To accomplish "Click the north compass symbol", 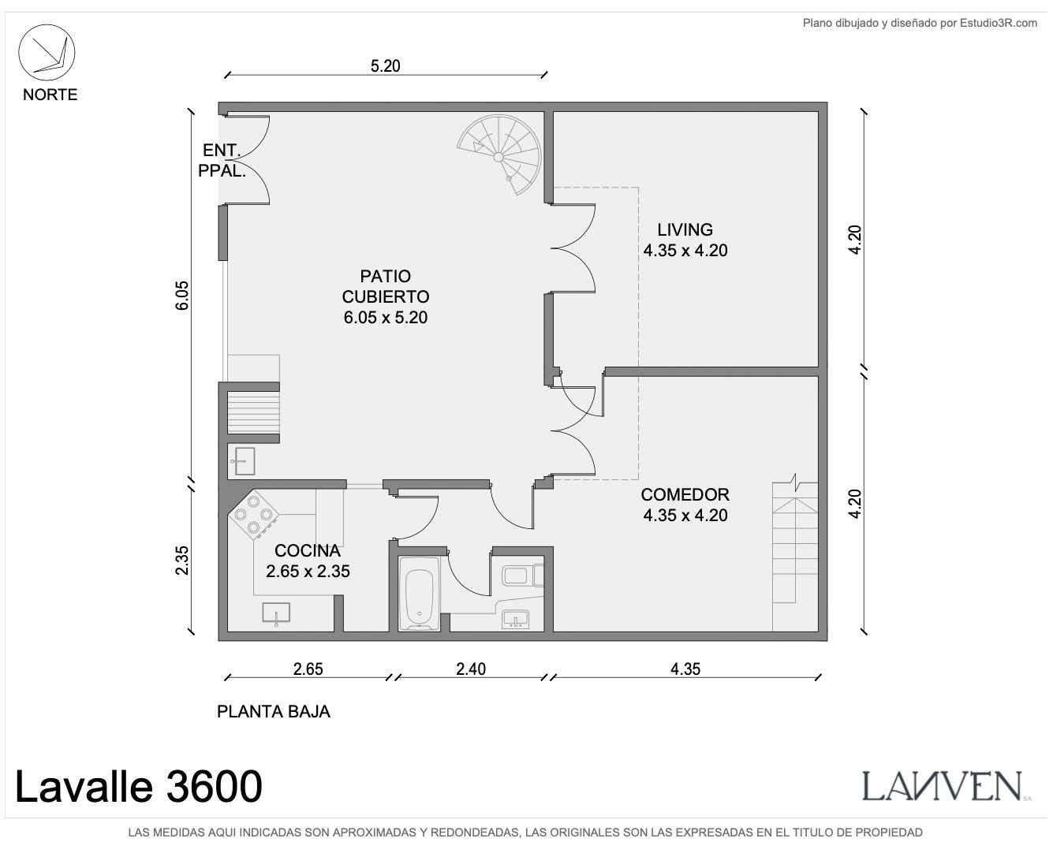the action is click(x=47, y=52).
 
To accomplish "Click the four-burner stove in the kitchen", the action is click(x=253, y=514).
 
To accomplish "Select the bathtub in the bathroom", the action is click(x=419, y=593).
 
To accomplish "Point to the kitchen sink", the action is click(x=276, y=613).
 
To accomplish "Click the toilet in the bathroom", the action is click(x=523, y=576).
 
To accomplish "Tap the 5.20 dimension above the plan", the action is click(x=385, y=66).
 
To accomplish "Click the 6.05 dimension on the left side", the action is click(x=181, y=296).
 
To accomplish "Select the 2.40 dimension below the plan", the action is click(x=471, y=669).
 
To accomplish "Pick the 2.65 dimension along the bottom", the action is click(x=308, y=669).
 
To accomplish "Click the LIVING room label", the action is click(x=685, y=229).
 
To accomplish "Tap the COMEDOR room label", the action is click(x=685, y=494).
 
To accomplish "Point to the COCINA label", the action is click(x=308, y=550).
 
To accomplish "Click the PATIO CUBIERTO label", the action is click(x=386, y=286).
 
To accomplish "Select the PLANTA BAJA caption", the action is click(x=274, y=711).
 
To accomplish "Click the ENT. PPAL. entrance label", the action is click(x=222, y=161).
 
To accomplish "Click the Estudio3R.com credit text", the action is click(x=920, y=23).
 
